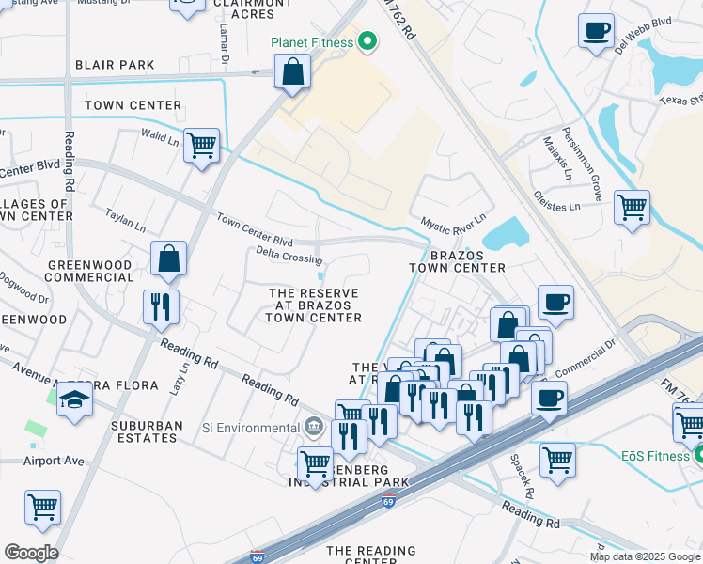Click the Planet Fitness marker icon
[367, 41]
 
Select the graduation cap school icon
[74, 401]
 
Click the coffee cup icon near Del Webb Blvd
[596, 32]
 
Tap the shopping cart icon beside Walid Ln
[201, 146]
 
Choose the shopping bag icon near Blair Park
[292, 70]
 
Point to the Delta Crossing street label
[289, 255]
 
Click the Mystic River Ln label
[453, 222]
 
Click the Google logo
[31, 553]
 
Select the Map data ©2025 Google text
[644, 556]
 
